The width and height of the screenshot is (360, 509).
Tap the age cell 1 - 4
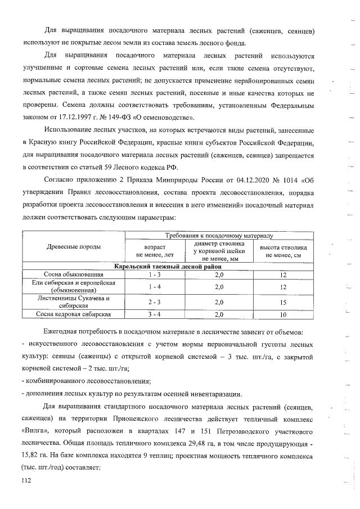[x=155, y=286]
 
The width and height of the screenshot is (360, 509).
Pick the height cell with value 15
[x=283, y=302]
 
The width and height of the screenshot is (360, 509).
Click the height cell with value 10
[x=283, y=314]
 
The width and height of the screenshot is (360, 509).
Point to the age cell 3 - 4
[x=155, y=314]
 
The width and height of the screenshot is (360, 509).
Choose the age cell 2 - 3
[x=155, y=302]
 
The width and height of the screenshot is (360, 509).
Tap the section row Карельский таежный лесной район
[x=167, y=265]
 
